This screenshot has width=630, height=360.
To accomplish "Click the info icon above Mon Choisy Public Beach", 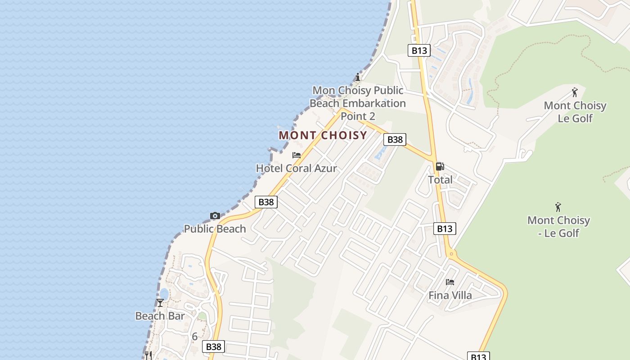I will [358, 77].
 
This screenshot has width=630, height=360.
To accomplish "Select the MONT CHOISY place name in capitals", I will [323, 135].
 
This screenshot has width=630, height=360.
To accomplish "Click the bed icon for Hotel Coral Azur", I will [296, 155].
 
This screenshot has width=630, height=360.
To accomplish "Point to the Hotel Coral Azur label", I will [296, 168].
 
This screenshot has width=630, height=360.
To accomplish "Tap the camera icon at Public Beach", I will [215, 216].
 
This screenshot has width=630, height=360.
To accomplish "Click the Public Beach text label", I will [215, 229].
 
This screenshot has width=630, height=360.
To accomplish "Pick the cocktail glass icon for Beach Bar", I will [160, 303].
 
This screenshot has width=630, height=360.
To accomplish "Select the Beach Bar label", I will [160, 316].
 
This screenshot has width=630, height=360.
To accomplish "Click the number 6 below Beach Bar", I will [195, 336].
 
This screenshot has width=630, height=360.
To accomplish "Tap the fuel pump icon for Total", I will [440, 166].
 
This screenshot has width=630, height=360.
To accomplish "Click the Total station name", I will [440, 180].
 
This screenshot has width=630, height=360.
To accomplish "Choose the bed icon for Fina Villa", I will [450, 282].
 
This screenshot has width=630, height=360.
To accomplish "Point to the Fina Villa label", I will [450, 295].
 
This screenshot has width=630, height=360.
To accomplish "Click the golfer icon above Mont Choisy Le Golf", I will [575, 93].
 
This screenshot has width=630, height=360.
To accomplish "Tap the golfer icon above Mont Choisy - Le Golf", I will [558, 207].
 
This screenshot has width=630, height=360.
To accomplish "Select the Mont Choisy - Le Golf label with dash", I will [558, 226].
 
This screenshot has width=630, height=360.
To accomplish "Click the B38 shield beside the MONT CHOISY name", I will [395, 139].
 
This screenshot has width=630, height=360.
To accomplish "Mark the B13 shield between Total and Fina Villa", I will [445, 229].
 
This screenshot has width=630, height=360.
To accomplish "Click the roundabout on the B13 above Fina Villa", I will [451, 254].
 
